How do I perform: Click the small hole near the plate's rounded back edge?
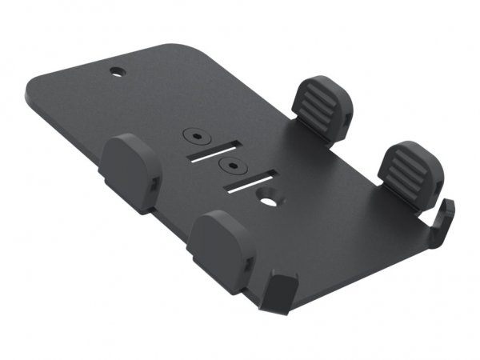tap(118, 71)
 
